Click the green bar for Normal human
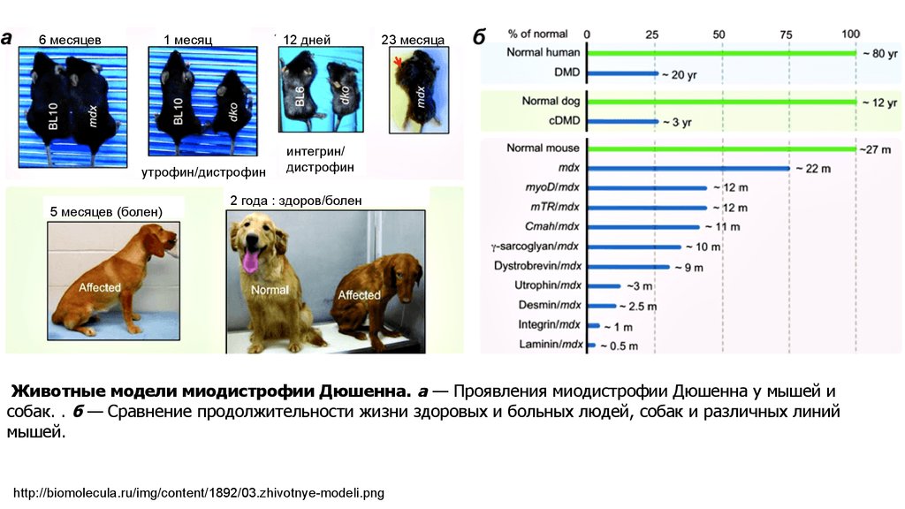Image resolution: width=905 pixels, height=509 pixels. click(x=720, y=53)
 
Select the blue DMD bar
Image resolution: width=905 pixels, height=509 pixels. click(x=622, y=72)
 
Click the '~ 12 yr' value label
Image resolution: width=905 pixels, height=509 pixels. click(x=879, y=103)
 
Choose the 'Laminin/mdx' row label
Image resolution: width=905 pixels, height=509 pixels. click(x=549, y=345)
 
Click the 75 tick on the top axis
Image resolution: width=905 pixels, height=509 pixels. click(x=784, y=34)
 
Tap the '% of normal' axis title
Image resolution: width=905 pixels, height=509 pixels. click(x=537, y=34)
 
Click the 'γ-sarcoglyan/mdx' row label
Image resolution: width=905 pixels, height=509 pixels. click(x=536, y=246)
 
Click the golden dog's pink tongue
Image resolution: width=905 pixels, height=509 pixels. click(x=253, y=262)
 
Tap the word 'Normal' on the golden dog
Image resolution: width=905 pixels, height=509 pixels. click(x=270, y=290)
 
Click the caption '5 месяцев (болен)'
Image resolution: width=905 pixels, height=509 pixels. click(x=106, y=211)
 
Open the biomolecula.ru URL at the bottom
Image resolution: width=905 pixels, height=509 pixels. click(x=200, y=492)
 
